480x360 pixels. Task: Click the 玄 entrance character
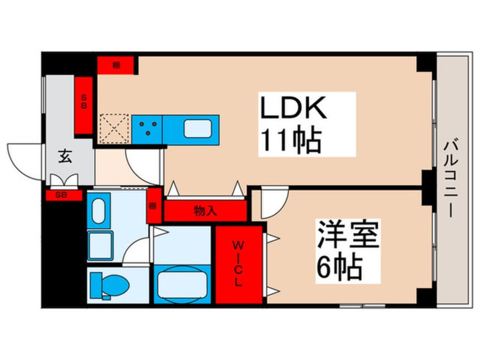point(65,157)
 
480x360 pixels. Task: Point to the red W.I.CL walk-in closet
point(238,265)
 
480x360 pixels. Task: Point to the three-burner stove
point(148,128)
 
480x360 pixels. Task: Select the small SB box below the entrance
point(60,195)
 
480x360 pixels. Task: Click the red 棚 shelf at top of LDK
point(117,65)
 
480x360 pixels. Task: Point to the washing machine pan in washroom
point(101,244)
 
